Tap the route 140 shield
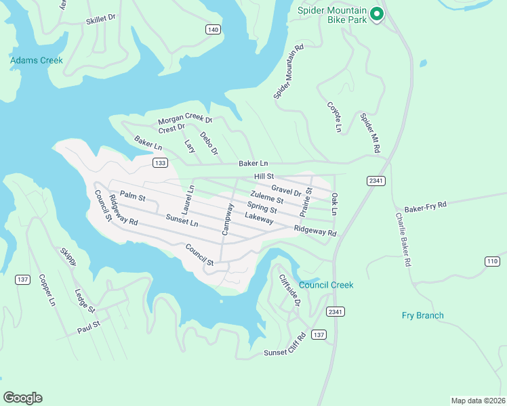pyautogui.click(x=214, y=30)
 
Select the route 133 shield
pyautogui.click(x=160, y=163)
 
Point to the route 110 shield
pyautogui.click(x=493, y=261)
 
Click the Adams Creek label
pyautogui.click(x=37, y=61)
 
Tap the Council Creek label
pyautogui.click(x=326, y=285)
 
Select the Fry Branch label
pyautogui.click(x=422, y=315)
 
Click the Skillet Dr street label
pyautogui.click(x=100, y=20)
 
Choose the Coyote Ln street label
pyautogui.click(x=333, y=116)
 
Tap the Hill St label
pyautogui.click(x=263, y=176)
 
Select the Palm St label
pyautogui.click(x=133, y=198)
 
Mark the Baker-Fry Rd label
pyautogui.click(x=426, y=205)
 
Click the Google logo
pyautogui.click(x=22, y=397)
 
